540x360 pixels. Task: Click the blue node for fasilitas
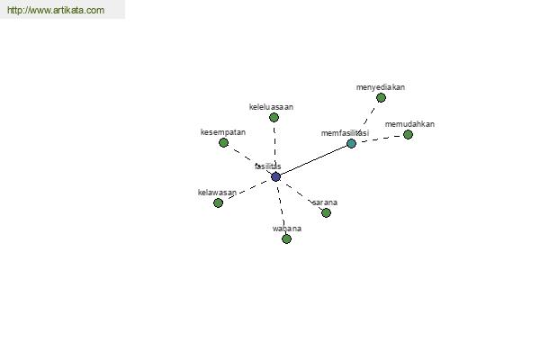pyautogui.click(x=276, y=176)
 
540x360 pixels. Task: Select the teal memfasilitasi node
pyautogui.click(x=351, y=143)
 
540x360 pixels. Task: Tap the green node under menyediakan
pyautogui.click(x=381, y=98)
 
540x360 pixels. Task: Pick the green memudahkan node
pyautogui.click(x=408, y=134)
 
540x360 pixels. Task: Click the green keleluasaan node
pyautogui.click(x=274, y=118)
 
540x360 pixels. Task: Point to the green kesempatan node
pyautogui.click(x=223, y=142)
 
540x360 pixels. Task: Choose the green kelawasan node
pyautogui.click(x=218, y=202)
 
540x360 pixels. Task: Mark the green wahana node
pyautogui.click(x=286, y=238)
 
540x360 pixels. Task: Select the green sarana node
pyautogui.click(x=326, y=212)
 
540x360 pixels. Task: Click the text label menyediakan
pyautogui.click(x=381, y=87)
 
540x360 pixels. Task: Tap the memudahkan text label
pyautogui.click(x=409, y=124)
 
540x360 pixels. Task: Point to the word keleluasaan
pyautogui.click(x=271, y=107)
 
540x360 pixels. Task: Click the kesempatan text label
pyautogui.click(x=223, y=132)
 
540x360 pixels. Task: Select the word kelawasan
pyautogui.click(x=217, y=193)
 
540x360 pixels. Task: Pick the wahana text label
pyautogui.click(x=287, y=229)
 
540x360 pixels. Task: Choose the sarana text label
pyautogui.click(x=325, y=202)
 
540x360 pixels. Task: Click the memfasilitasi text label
pyautogui.click(x=345, y=133)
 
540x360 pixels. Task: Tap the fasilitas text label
pyautogui.click(x=268, y=166)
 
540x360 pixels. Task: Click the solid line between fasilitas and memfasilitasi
pyautogui.click(x=313, y=160)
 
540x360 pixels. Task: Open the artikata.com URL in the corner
pyautogui.click(x=56, y=10)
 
